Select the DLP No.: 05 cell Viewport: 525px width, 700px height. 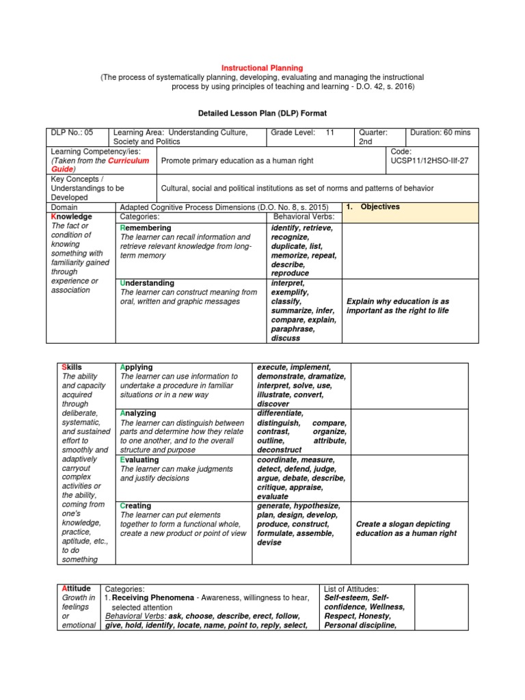click(77, 132)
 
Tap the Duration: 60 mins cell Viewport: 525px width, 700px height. click(442, 132)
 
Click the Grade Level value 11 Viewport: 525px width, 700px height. click(329, 132)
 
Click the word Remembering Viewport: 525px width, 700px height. click(146, 228)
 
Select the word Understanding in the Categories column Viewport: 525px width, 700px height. click(147, 283)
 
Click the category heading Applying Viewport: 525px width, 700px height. click(136, 367)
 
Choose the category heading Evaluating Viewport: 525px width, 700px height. click(139, 460)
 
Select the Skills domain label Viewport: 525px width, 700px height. click(72, 367)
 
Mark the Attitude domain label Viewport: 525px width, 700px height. click(76, 589)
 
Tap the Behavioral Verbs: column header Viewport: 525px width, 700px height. click(302, 217)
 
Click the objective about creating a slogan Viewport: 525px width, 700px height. click(407, 528)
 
